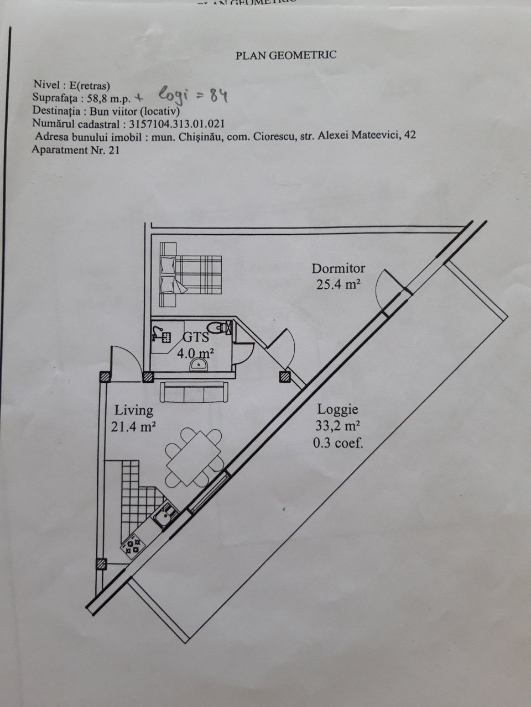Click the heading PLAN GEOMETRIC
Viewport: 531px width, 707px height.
point(286,55)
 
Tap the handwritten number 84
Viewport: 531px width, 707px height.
point(219,96)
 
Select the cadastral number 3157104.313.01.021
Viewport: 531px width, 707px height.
point(176,124)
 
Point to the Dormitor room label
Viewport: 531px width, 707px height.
point(338,268)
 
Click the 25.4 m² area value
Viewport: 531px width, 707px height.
point(338,284)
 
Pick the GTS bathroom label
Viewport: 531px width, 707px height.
point(196,337)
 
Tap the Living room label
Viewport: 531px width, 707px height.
point(134,411)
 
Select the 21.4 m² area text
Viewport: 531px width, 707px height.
point(133,426)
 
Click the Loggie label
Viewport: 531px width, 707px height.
point(337,410)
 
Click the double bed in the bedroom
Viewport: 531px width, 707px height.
point(190,275)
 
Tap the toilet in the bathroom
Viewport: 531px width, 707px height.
point(219,328)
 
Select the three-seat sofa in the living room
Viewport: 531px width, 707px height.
point(194,392)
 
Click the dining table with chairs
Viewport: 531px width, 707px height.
point(194,458)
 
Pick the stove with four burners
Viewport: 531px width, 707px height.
point(133,545)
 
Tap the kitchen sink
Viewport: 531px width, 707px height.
point(165,516)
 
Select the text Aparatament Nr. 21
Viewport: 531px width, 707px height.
point(75,150)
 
